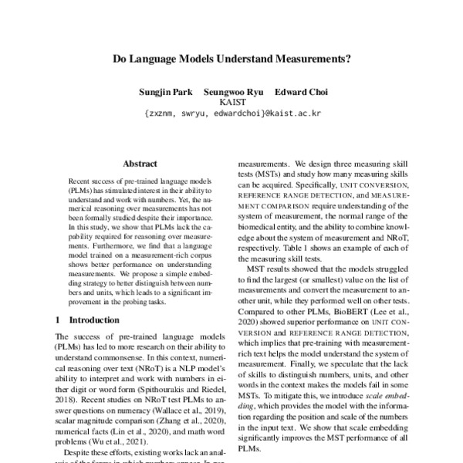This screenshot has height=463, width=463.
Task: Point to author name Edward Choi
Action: pyautogui.click(x=302, y=92)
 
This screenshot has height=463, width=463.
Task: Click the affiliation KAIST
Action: pyautogui.click(x=232, y=102)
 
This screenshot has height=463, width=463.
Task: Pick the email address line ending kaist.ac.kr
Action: pyautogui.click(x=232, y=113)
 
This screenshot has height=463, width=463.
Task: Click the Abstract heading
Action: pyautogui.click(x=140, y=164)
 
